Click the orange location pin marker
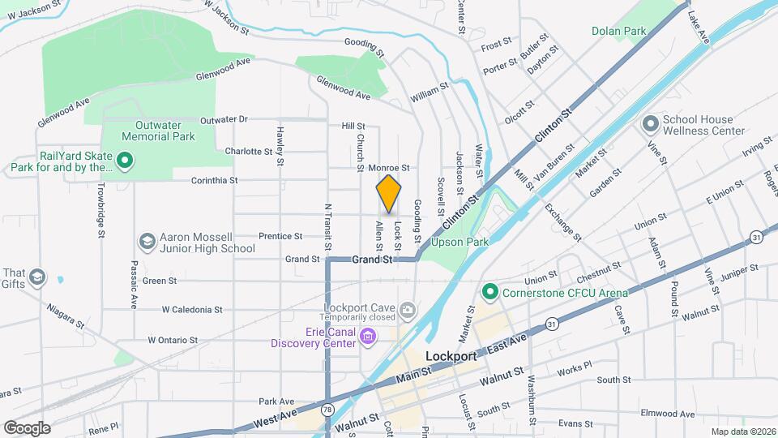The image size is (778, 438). click(389, 194)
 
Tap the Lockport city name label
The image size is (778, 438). click(455, 356)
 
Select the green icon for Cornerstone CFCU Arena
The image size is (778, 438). click(489, 290)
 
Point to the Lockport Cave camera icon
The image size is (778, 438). click(408, 308)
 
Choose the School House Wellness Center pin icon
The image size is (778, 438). click(649, 124)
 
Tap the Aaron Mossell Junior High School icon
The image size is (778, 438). click(147, 242)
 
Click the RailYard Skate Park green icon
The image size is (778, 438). click(124, 161)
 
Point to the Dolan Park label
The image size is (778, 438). click(618, 32)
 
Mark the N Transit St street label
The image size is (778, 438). click(328, 226)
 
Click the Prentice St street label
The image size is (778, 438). click(280, 236)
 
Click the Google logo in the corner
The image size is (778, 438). click(27, 427)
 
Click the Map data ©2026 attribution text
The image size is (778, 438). click(743, 432)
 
